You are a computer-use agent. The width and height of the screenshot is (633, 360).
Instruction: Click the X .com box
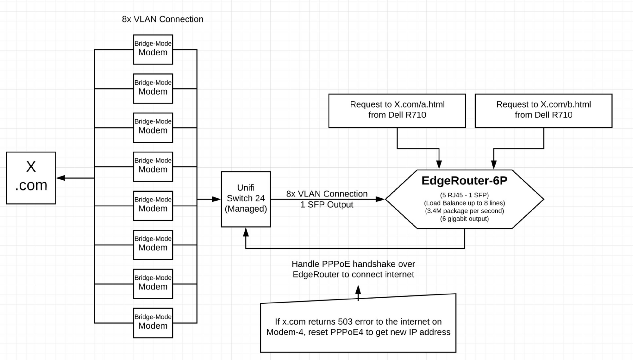pos(31,178)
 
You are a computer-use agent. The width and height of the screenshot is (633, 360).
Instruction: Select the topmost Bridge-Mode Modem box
pos(153,50)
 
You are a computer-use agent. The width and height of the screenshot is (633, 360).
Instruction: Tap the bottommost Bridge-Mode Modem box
pos(153,323)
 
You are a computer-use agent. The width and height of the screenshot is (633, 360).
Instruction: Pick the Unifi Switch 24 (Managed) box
pos(246,199)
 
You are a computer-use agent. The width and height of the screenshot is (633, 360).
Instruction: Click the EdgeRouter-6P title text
pos(464,181)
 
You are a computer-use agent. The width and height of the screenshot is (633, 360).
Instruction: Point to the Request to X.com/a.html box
pos(397,111)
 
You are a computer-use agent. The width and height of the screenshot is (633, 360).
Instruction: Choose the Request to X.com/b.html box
pos(543,111)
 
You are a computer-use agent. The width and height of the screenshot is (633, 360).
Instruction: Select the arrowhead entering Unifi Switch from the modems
pos(216,199)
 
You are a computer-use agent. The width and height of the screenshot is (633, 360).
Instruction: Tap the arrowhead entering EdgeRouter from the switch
pos(380,199)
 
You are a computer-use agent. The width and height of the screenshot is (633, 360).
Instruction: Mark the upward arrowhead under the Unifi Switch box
pos(246,232)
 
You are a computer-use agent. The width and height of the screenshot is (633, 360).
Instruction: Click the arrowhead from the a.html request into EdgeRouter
pos(439,164)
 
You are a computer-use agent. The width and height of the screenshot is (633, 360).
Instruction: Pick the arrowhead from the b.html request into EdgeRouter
pos(494,164)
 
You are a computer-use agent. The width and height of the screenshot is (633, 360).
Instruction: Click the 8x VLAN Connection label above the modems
pos(163,19)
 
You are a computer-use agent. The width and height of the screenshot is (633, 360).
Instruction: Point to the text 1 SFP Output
pos(327,205)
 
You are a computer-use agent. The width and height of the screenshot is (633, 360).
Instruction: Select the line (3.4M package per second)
pos(464,211)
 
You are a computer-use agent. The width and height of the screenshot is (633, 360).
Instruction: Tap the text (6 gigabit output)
pos(464,219)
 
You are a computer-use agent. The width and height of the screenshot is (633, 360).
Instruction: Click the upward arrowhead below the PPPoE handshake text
pos(358,290)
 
